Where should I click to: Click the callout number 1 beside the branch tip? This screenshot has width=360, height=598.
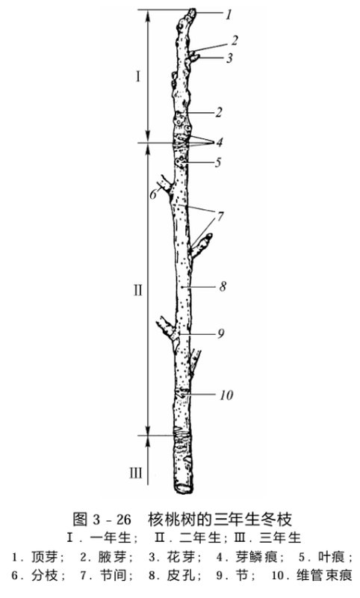pyautogui.click(x=229, y=14)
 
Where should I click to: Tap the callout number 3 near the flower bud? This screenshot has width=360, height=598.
pyautogui.click(x=229, y=58)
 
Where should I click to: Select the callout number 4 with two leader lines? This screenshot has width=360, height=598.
pyautogui.click(x=220, y=142)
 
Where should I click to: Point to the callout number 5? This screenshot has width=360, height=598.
pyautogui.click(x=218, y=162)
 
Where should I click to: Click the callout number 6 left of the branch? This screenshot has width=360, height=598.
pyautogui.click(x=153, y=194)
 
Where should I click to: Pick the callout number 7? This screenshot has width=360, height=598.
pyautogui.click(x=220, y=216)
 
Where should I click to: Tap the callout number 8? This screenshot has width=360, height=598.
pyautogui.click(x=223, y=286)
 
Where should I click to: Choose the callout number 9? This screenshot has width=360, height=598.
pyautogui.click(x=221, y=333)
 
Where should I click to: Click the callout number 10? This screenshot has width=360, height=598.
pyautogui.click(x=226, y=395)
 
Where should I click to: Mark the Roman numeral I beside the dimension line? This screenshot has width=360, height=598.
pyautogui.click(x=138, y=77)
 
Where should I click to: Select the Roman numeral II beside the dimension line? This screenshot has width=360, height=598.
pyautogui.click(x=137, y=290)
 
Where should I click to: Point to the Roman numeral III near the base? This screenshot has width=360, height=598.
pyautogui.click(x=135, y=473)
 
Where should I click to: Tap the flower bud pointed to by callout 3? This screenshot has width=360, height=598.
pyautogui.click(x=194, y=58)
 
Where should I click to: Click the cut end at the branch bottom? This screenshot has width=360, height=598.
pyautogui.click(x=184, y=488)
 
